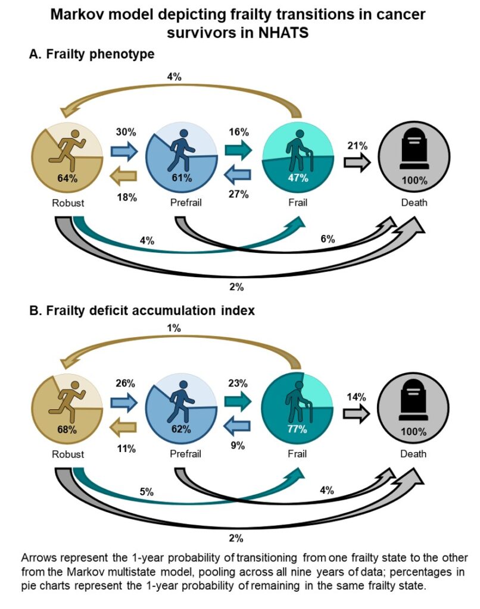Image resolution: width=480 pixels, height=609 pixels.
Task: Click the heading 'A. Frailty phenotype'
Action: tap(92, 54)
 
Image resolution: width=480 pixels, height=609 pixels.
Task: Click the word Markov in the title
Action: tap(80, 15)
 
